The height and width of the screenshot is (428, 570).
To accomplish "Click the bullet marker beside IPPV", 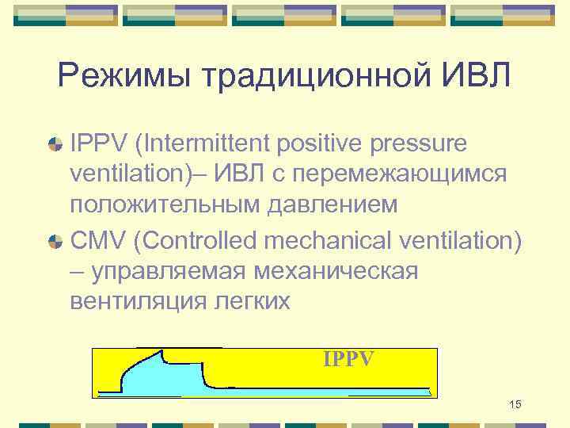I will [x=56, y=145].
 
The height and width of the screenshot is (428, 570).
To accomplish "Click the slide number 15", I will [x=515, y=406].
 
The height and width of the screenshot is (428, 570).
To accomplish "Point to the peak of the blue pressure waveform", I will [x=162, y=351].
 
